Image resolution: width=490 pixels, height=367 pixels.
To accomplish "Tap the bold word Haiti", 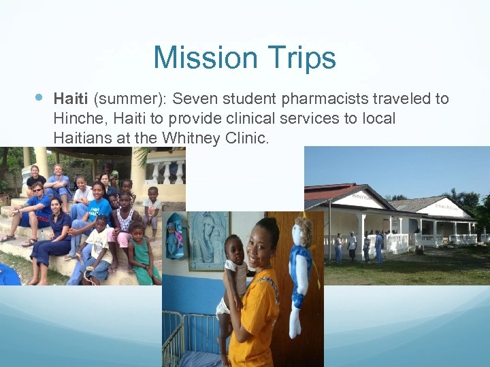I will pos(71,99).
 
